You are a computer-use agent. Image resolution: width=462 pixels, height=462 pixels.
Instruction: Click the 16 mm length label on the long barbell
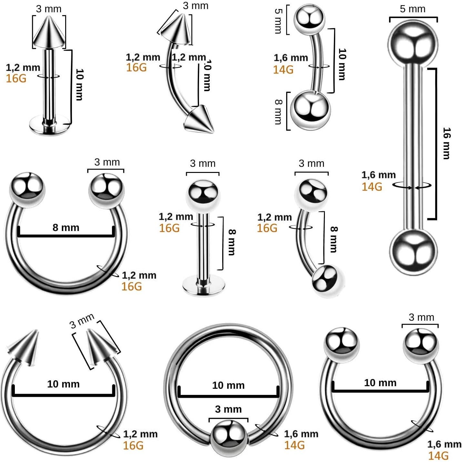coord(447,143)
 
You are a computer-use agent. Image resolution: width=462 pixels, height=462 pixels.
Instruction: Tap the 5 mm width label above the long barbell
coord(413,9)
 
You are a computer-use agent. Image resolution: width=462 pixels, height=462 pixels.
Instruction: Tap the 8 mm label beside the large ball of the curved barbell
coord(278,111)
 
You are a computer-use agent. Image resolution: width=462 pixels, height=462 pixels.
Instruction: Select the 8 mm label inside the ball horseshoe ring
coord(66,227)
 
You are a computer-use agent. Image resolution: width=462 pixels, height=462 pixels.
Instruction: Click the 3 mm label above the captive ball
coord(228,409)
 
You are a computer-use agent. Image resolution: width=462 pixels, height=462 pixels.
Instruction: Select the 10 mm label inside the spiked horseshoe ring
coord(63,384)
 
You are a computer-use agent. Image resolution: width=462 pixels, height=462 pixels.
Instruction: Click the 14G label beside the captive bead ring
coord(294,445)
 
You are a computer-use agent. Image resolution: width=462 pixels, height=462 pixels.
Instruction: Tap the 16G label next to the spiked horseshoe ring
coord(133,446)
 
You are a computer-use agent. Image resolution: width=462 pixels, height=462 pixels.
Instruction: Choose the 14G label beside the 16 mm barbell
coord(372,187)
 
